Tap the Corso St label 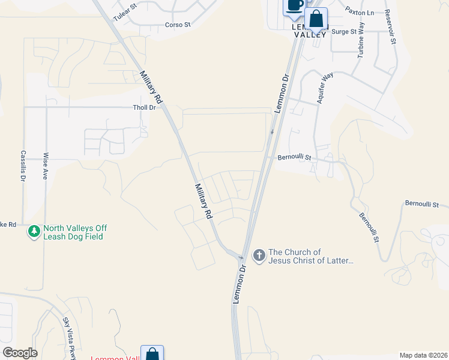tap(178, 25)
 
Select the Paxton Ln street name tap(360, 12)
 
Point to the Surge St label tap(344, 32)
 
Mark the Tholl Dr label tap(144, 108)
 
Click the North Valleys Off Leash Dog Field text tap(74, 232)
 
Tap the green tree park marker tap(34, 230)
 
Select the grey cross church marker tap(259, 256)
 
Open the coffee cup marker tap(294, 5)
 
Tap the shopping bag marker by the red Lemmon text tap(152, 354)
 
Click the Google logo tap(20, 353)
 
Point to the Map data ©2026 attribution tap(423, 355)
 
